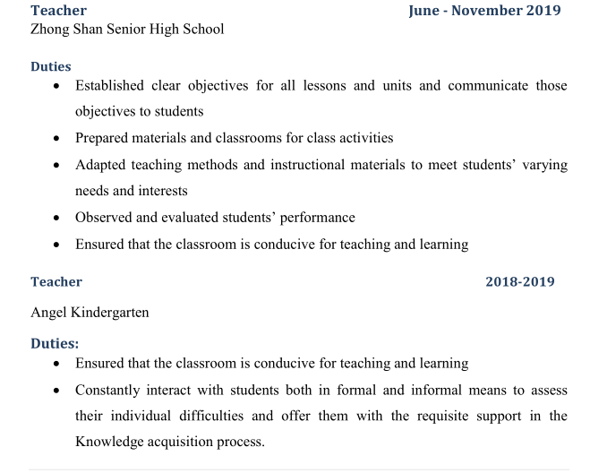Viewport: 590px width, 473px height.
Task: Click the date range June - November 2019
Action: [484, 11]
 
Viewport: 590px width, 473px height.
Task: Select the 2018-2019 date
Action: [519, 282]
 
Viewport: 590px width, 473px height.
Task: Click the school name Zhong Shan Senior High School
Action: [127, 30]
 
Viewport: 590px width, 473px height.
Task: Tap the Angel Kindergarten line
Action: [90, 313]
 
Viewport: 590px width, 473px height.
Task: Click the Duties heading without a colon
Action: [50, 66]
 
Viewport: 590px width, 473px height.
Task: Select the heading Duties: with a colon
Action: [55, 343]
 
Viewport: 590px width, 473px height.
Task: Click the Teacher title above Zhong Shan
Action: [58, 11]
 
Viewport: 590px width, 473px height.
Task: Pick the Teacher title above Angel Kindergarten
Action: [56, 282]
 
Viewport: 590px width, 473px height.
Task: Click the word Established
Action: [109, 86]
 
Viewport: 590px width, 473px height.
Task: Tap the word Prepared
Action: [103, 138]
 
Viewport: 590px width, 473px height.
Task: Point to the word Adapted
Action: [101, 165]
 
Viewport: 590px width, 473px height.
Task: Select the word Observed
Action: [105, 217]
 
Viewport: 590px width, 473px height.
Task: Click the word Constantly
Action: [108, 391]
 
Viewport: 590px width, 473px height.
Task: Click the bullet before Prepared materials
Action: [57, 139]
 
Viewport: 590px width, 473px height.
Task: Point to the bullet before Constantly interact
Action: [57, 391]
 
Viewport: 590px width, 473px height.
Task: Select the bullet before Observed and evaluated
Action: [57, 218]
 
